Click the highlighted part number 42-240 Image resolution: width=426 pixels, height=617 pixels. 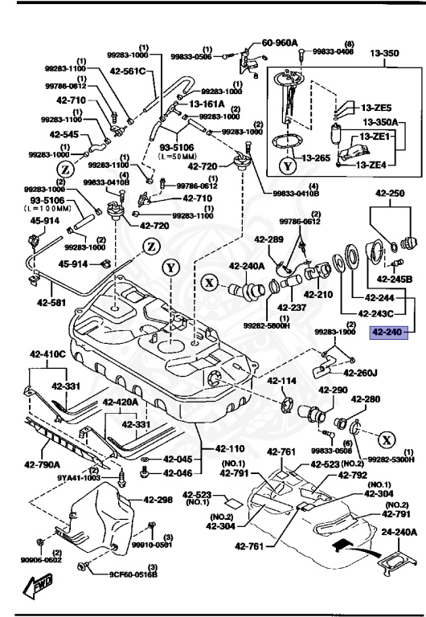click(x=385, y=331)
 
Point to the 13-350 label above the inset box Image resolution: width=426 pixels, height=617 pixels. click(x=383, y=54)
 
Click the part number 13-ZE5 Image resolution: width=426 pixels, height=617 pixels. click(x=375, y=108)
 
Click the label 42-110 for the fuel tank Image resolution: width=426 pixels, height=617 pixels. click(x=231, y=448)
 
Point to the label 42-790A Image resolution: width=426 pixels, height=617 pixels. click(x=41, y=464)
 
